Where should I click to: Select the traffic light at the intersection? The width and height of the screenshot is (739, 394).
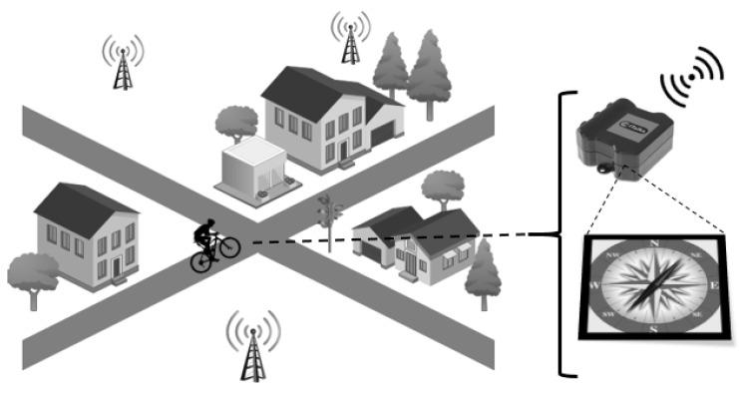coord(327,211)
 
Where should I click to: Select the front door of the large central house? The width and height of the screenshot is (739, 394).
coord(343,151)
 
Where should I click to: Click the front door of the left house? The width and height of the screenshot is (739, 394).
coord(117,263)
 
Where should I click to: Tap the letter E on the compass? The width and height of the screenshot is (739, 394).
coord(713,285)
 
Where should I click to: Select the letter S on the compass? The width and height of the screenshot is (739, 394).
coord(652,328)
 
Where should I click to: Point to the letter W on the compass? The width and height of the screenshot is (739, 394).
coord(596,285)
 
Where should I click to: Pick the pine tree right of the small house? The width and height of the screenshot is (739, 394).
coord(484,269)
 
